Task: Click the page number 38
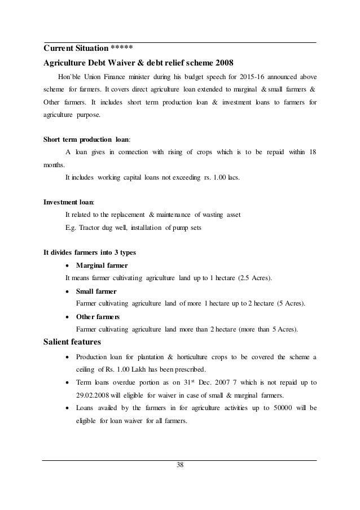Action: coord(180,465)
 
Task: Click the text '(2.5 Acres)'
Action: coord(253,278)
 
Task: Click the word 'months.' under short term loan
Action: coord(55,165)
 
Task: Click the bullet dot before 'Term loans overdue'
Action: coord(68,382)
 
